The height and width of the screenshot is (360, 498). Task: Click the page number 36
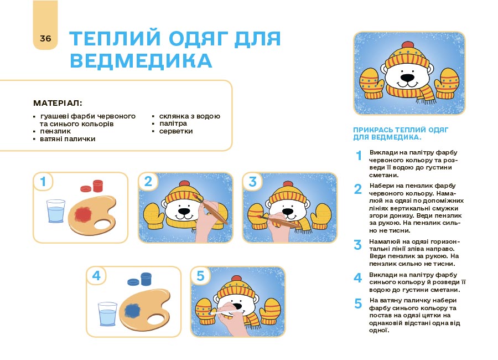[45, 38]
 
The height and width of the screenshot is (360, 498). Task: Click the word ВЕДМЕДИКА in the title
[141, 61]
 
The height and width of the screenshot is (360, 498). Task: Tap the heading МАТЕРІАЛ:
[58, 103]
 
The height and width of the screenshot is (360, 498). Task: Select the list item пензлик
[55, 131]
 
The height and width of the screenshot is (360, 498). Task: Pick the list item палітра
[173, 124]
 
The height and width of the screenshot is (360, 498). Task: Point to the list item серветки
[176, 131]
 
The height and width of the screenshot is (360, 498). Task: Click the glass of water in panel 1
[56, 211]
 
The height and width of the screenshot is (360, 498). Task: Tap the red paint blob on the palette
[83, 214]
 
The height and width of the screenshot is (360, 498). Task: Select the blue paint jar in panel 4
[146, 279]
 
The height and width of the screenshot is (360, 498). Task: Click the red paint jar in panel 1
[97, 186]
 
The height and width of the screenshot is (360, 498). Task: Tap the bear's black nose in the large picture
[407, 78]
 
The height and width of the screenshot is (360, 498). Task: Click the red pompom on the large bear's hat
[407, 45]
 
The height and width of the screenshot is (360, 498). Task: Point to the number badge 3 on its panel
[252, 182]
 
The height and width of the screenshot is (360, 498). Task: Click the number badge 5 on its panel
[200, 276]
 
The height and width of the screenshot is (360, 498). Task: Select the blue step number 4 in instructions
[358, 278]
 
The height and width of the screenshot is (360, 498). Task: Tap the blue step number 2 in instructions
[358, 189]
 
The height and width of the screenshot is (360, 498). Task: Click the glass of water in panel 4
[108, 314]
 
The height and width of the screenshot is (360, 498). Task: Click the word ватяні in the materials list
[51, 139]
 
